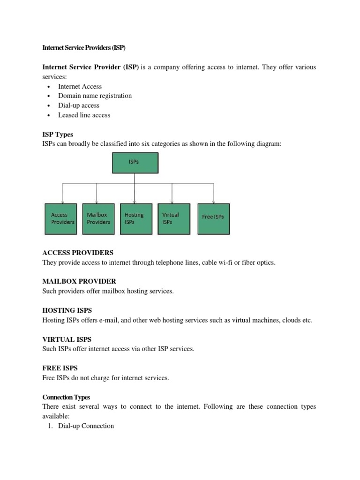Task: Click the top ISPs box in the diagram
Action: pyautogui.click(x=135, y=163)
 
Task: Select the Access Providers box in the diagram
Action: pyautogui.click(x=63, y=218)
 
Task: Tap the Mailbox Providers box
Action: pyautogui.click(x=98, y=218)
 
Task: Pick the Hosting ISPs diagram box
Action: pyautogui.click(x=136, y=218)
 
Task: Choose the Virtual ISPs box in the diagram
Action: pyautogui.click(x=174, y=218)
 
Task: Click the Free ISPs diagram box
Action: pyautogui.click(x=214, y=218)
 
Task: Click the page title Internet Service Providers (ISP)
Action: pyautogui.click(x=84, y=48)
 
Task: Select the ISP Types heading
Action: pyautogui.click(x=58, y=135)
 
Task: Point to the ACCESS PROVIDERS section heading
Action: pyautogui.click(x=78, y=253)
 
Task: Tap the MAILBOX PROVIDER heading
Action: pyautogui.click(x=79, y=281)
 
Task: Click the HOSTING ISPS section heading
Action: pyautogui.click(x=67, y=310)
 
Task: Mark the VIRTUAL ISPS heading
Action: pyautogui.click(x=67, y=339)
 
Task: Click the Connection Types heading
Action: pyautogui.click(x=66, y=397)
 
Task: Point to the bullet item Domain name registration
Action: pyautogui.click(x=95, y=96)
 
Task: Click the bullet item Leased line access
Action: pyautogui.click(x=84, y=115)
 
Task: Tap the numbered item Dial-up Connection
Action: pyautogui.click(x=86, y=426)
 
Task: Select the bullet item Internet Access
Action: pyautogui.click(x=80, y=86)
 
